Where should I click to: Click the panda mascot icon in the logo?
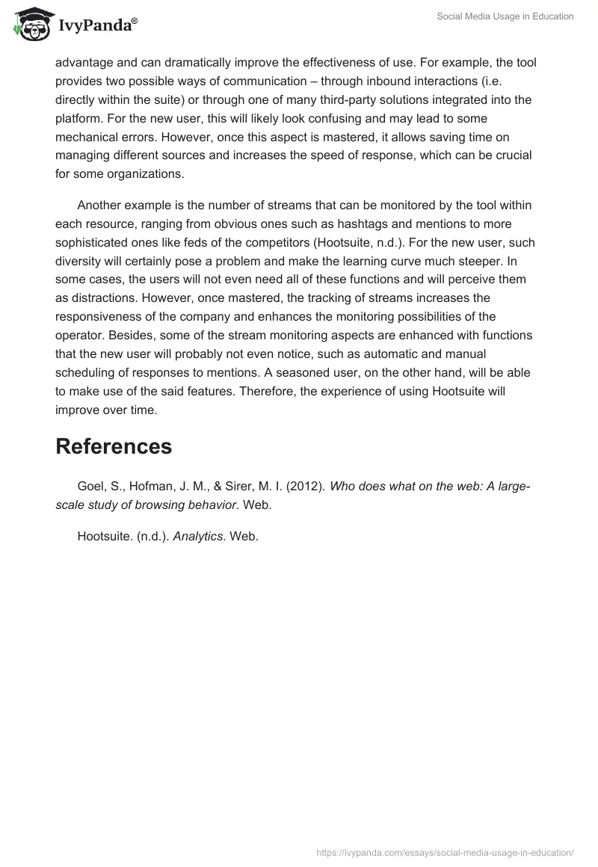(x=30, y=24)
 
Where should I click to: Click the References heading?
(x=114, y=446)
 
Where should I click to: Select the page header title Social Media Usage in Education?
(x=505, y=16)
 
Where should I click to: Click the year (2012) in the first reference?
(x=306, y=486)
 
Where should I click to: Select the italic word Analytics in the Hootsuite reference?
(x=198, y=536)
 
